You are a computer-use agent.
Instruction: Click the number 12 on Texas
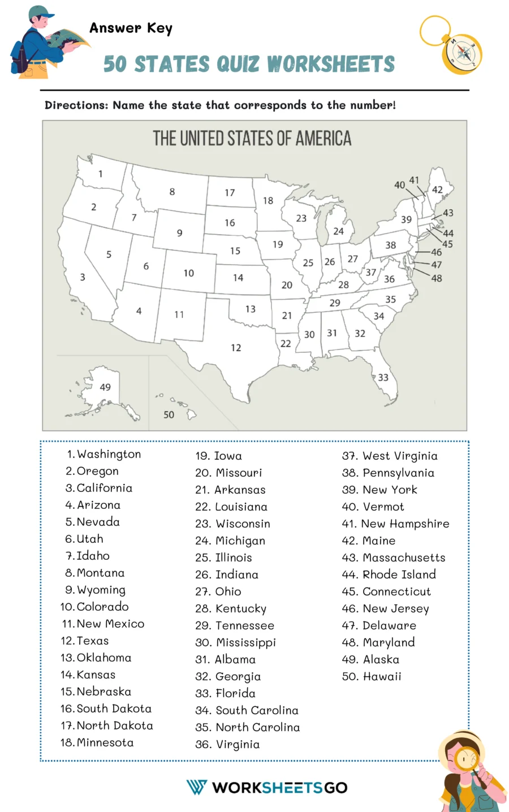coord(236,348)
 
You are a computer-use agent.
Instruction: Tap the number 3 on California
coord(83,277)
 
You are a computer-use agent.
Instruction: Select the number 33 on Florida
coord(383,377)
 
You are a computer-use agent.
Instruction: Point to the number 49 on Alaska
coord(105,387)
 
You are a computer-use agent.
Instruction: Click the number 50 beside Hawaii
coord(169,414)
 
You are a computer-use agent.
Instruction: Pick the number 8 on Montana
coord(172,192)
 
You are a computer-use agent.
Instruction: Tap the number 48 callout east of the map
coord(437,278)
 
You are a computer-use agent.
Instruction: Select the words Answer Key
coord(131,28)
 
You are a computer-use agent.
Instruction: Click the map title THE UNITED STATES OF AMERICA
coord(252,139)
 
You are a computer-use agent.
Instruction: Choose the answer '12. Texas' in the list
coord(85,641)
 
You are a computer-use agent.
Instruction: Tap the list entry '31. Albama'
coord(225,659)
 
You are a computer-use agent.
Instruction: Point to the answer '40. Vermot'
coord(373,507)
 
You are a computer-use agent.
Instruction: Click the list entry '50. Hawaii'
coord(371,676)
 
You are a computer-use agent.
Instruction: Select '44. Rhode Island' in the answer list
coord(389,575)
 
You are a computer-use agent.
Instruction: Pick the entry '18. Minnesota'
coord(97,742)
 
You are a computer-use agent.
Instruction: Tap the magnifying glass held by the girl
coord(468,758)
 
